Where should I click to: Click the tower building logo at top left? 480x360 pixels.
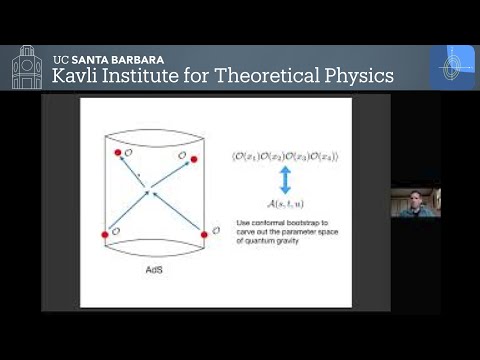(x=27, y=67)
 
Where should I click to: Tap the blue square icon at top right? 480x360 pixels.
(x=452, y=66)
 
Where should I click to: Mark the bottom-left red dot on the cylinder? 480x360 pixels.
(x=105, y=234)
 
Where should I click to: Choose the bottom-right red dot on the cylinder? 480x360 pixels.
(x=204, y=235)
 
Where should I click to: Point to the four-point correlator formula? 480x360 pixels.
(x=285, y=157)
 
